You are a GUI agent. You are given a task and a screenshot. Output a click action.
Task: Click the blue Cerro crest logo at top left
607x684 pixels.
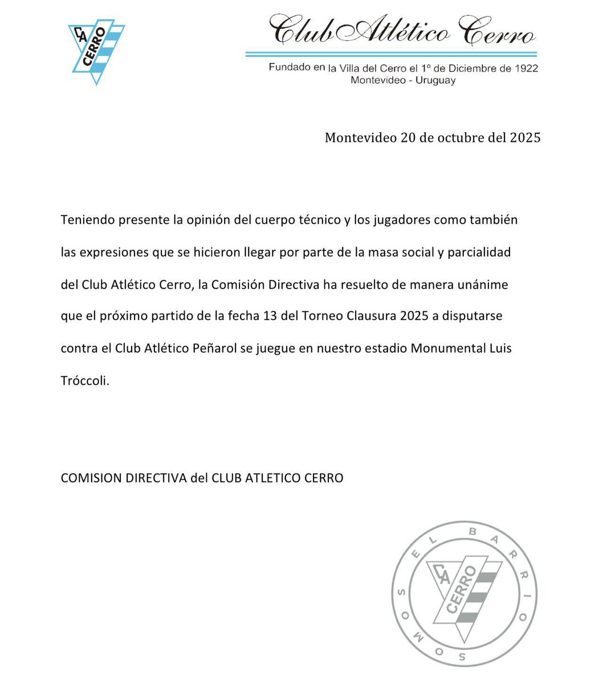(x=96, y=51)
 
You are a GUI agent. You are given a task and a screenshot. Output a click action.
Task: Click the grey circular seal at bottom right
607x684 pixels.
(x=465, y=594)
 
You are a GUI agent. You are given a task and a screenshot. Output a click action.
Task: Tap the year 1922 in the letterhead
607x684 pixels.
(x=525, y=68)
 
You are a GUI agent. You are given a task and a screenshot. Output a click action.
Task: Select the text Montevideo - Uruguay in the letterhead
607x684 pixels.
(x=403, y=80)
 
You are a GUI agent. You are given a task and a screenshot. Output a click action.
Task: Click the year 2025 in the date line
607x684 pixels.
(x=525, y=138)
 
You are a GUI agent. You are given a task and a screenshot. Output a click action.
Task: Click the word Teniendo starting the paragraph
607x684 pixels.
(x=87, y=220)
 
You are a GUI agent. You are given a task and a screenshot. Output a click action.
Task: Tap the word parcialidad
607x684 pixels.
(x=479, y=253)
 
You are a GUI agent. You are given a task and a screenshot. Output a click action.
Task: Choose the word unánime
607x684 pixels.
(x=482, y=284)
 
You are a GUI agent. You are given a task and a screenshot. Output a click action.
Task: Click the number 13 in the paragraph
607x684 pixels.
(x=270, y=316)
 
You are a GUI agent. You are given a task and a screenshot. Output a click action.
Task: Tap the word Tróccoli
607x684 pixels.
(x=84, y=381)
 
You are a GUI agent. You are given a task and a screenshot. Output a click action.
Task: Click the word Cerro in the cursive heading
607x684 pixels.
(x=498, y=32)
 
